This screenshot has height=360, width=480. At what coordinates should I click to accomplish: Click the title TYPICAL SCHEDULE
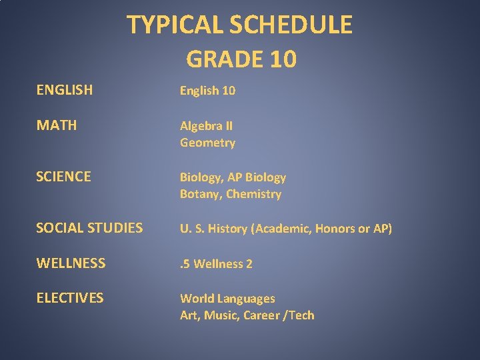click(239, 25)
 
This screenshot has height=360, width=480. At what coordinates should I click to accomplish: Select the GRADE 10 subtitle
click(241, 59)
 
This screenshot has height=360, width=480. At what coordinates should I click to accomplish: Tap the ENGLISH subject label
click(65, 90)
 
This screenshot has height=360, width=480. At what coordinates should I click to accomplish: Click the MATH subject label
click(57, 125)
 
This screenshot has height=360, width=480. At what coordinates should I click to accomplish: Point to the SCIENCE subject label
click(63, 177)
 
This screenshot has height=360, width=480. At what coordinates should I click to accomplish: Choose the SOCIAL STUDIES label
click(89, 228)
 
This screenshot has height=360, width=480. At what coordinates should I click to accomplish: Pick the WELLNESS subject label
click(71, 263)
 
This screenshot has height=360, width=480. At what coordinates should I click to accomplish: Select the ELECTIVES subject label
click(70, 298)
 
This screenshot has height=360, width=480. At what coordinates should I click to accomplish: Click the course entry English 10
click(207, 91)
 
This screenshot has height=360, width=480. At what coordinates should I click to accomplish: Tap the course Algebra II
click(206, 125)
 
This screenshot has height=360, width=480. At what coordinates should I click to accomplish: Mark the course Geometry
click(207, 143)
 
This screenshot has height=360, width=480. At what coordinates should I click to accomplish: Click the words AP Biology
click(257, 177)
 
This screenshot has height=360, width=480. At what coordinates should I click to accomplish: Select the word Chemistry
click(254, 195)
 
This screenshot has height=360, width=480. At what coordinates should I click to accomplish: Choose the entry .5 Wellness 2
click(216, 264)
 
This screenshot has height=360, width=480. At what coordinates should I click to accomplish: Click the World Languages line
click(227, 299)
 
